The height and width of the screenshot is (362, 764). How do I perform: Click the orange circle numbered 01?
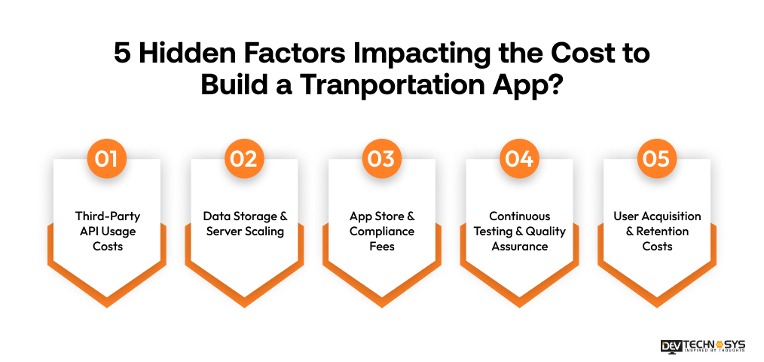pos(106,159)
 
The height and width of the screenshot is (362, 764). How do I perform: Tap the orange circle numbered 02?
pos(244,159)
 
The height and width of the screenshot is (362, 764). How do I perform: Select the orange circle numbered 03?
pos(382,159)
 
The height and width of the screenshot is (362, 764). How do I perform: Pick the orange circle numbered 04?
pos(520,159)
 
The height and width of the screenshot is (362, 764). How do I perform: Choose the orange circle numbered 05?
pos(657,159)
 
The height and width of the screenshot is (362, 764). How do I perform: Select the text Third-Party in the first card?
pos(107,216)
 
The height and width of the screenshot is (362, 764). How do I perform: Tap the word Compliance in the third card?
pos(382,232)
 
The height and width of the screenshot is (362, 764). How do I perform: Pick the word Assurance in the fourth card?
pos(520,247)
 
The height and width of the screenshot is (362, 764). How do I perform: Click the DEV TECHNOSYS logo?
pos(702,345)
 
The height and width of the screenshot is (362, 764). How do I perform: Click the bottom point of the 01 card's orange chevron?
pos(106,305)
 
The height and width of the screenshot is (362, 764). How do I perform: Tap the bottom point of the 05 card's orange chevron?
pos(657,305)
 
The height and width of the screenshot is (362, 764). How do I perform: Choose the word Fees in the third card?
pos(382,247)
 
